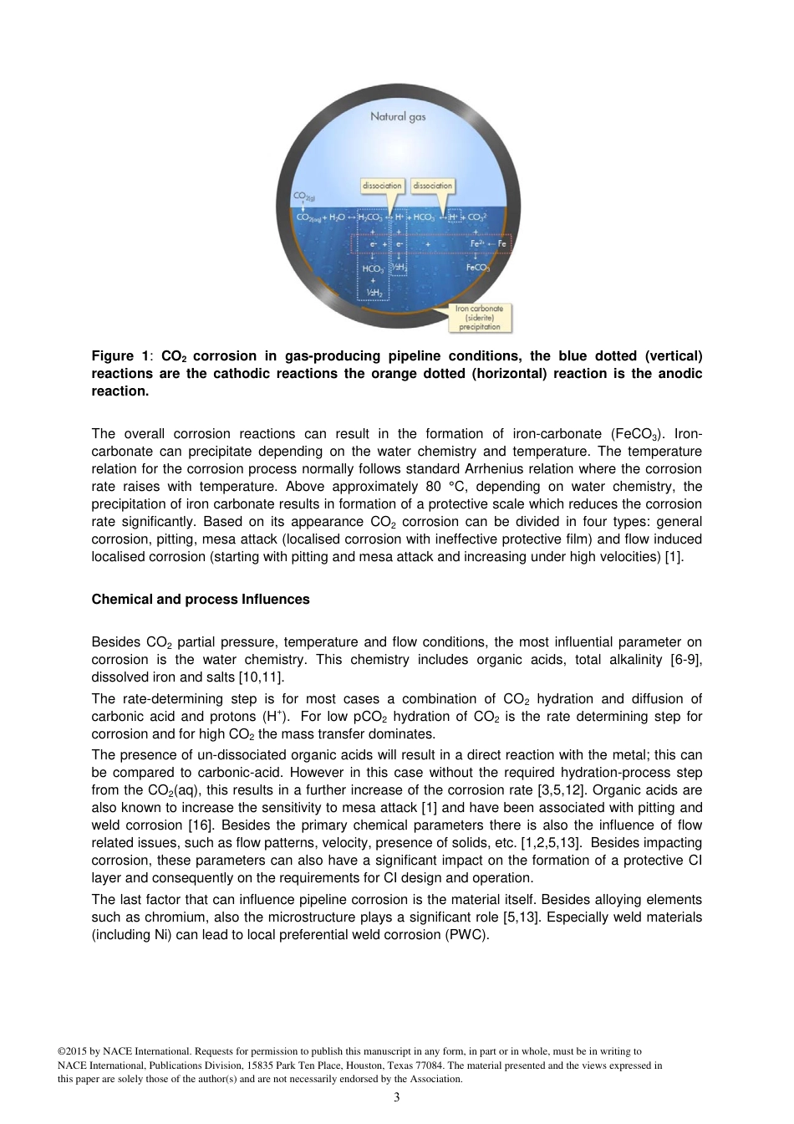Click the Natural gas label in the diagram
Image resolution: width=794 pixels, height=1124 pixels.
[398, 116]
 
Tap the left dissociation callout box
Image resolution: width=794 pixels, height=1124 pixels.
[382, 186]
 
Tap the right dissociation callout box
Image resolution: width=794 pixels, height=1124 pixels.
[433, 186]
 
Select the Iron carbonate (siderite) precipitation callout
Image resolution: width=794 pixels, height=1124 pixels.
[480, 318]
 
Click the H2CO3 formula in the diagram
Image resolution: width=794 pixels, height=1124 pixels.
[370, 217]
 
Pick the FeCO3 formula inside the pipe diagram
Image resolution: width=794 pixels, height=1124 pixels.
[477, 268]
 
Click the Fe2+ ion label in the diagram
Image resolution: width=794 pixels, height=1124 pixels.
[477, 244]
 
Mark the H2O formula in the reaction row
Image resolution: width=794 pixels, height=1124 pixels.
[337, 217]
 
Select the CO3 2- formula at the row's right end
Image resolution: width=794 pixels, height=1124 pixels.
[477, 217]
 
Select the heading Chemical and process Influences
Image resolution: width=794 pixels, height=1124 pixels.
[201, 600]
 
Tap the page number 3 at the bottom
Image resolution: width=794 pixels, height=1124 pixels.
[396, 1097]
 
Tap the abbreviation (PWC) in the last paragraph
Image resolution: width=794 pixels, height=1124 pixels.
[469, 935]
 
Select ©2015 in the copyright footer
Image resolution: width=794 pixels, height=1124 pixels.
[73, 1051]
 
